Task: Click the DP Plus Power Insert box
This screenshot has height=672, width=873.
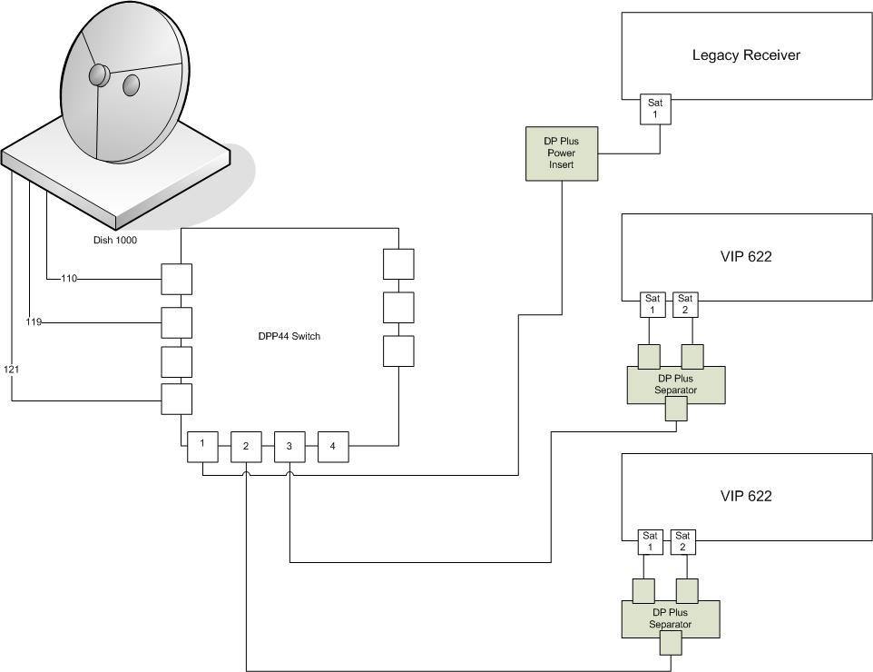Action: pos(562,153)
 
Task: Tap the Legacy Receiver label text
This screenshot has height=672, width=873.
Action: pos(746,55)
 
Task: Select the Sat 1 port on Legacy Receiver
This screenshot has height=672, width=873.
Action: pos(655,109)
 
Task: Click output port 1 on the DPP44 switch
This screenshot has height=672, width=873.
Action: pos(202,446)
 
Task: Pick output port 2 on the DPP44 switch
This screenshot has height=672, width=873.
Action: pos(246,446)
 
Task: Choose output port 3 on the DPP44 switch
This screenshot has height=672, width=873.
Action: pos(289,446)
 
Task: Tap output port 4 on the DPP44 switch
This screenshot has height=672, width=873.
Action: pos(333,446)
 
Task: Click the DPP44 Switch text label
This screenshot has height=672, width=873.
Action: pos(289,336)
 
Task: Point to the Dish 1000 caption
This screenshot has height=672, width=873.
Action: pos(114,240)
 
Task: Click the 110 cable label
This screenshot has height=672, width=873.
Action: pos(69,279)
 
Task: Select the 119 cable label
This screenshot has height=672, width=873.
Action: pos(34,322)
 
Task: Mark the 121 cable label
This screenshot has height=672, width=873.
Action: pos(11,369)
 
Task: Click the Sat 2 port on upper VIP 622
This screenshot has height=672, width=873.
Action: pos(685,305)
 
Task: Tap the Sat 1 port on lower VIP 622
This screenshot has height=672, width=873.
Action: pos(651,541)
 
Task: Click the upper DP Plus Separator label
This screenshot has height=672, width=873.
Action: pos(675,384)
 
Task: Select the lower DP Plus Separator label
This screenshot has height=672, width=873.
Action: pos(671,618)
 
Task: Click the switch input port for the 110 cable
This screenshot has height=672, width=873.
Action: pos(176,279)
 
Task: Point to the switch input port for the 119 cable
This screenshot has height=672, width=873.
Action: pos(176,322)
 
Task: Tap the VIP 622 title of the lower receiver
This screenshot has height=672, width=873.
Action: pos(746,496)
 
